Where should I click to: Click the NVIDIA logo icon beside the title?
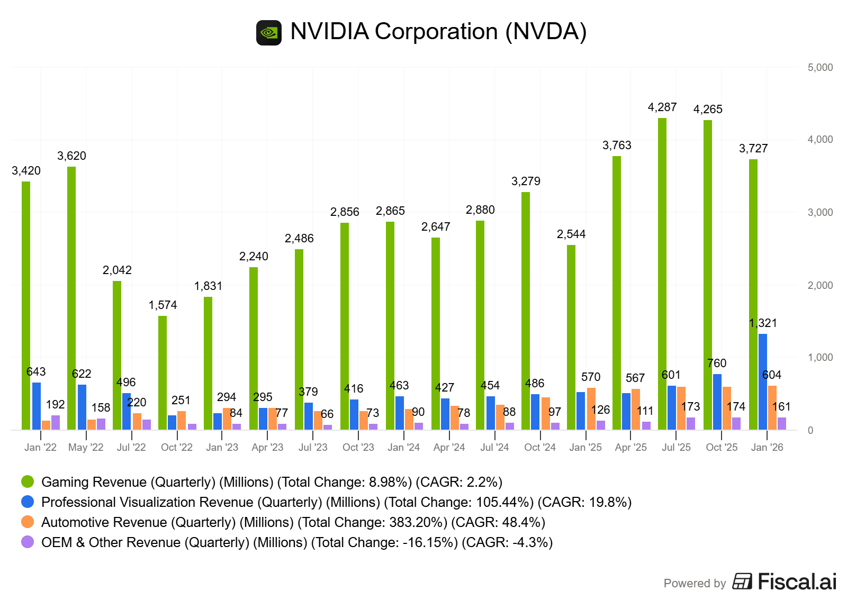tap(269, 33)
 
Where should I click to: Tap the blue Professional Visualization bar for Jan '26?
tap(762, 381)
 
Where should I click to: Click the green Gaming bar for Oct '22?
tap(163, 372)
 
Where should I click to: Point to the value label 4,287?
tap(662, 107)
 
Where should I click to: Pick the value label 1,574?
tap(163, 305)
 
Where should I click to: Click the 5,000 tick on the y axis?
tap(820, 68)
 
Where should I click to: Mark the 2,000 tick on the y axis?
tap(820, 286)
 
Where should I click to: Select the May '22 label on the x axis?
tap(86, 448)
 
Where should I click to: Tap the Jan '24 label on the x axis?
tap(403, 448)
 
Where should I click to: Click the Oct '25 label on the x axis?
tap(722, 448)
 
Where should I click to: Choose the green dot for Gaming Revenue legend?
tap(28, 481)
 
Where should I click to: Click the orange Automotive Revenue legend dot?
tap(28, 522)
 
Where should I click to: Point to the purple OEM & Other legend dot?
tap(28, 542)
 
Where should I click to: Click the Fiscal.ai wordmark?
tap(797, 582)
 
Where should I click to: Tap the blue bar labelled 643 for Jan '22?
tap(37, 406)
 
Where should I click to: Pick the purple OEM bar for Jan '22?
tap(56, 423)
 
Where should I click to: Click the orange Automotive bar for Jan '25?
tap(591, 408)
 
